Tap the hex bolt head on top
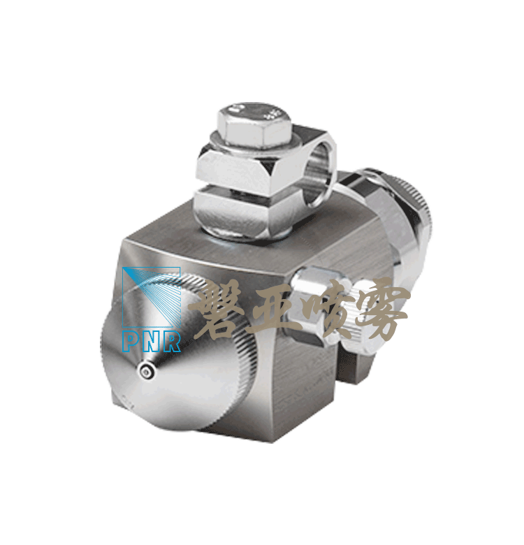coord(254,123)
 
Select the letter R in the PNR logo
coord(172,342)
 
